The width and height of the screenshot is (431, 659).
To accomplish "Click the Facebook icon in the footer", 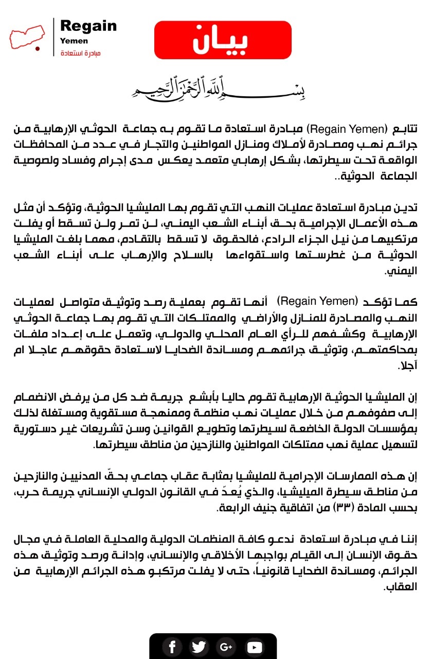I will point(172,647).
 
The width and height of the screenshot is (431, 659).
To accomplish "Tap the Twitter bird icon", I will point(199,647).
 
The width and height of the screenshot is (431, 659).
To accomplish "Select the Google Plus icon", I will point(225,647).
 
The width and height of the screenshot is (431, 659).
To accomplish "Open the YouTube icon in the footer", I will point(254,647).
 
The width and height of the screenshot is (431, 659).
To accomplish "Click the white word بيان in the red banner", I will point(222,41).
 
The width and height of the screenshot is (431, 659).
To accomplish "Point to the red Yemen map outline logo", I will point(26,38).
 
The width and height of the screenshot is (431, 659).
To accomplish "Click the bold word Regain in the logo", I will point(88,26).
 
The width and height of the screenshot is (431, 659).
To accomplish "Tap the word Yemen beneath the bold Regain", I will point(74,41).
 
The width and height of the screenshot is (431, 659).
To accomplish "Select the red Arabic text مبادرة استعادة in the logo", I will point(81,54).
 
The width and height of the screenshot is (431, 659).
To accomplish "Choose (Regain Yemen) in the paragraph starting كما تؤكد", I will point(317,301).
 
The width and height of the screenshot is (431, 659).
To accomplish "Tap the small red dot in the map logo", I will point(37,48).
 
